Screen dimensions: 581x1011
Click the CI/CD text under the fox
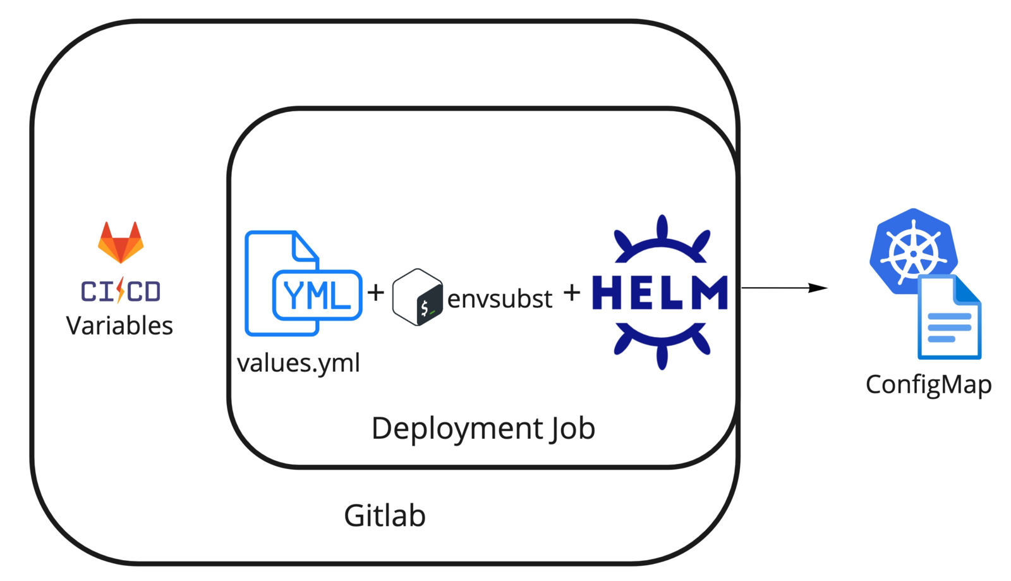[x=121, y=291]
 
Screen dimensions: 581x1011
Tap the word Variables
[x=119, y=326]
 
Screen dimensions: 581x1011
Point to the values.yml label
[x=298, y=363]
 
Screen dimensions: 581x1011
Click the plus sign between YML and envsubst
[x=376, y=292]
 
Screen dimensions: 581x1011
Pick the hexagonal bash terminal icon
[x=417, y=297]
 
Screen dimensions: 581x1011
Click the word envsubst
[x=500, y=298]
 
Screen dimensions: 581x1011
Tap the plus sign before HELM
[x=572, y=292]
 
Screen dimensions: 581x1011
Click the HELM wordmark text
[x=660, y=293]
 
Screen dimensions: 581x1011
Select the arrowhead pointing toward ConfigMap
[x=819, y=288]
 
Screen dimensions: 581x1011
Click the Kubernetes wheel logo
[x=913, y=252]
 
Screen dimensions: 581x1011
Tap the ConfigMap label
[x=928, y=384]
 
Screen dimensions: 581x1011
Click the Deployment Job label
[x=483, y=428]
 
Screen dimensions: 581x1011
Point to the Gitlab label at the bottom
[x=384, y=516]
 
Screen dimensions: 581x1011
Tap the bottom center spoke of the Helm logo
[x=662, y=357]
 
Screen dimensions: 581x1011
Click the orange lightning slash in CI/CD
[x=120, y=291]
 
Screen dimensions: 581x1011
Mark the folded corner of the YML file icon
[x=306, y=247]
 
